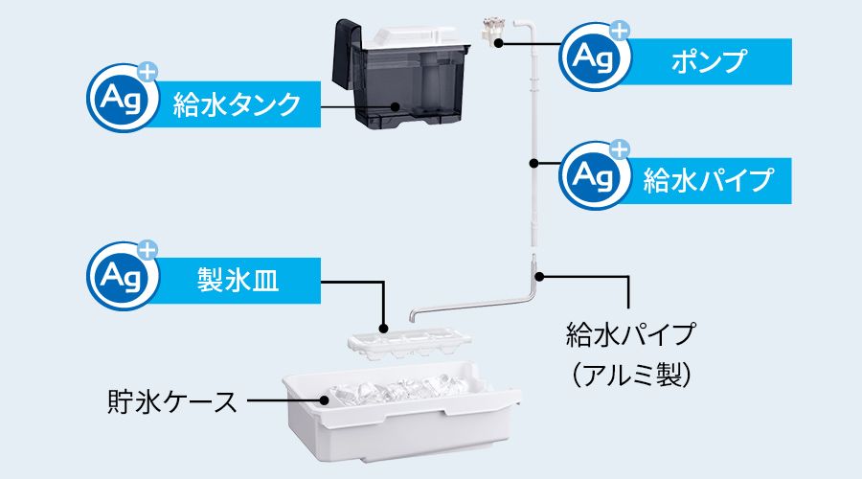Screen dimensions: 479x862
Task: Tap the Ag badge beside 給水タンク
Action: (x=120, y=97)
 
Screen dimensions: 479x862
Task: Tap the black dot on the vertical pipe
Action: (x=533, y=163)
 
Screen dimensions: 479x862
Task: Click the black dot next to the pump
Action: (x=497, y=43)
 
